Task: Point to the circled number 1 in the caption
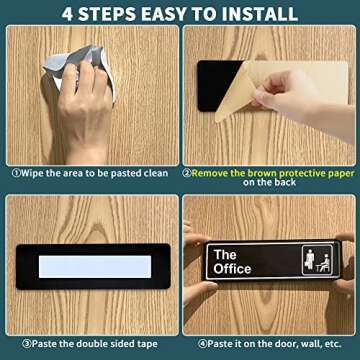click(17, 172)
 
